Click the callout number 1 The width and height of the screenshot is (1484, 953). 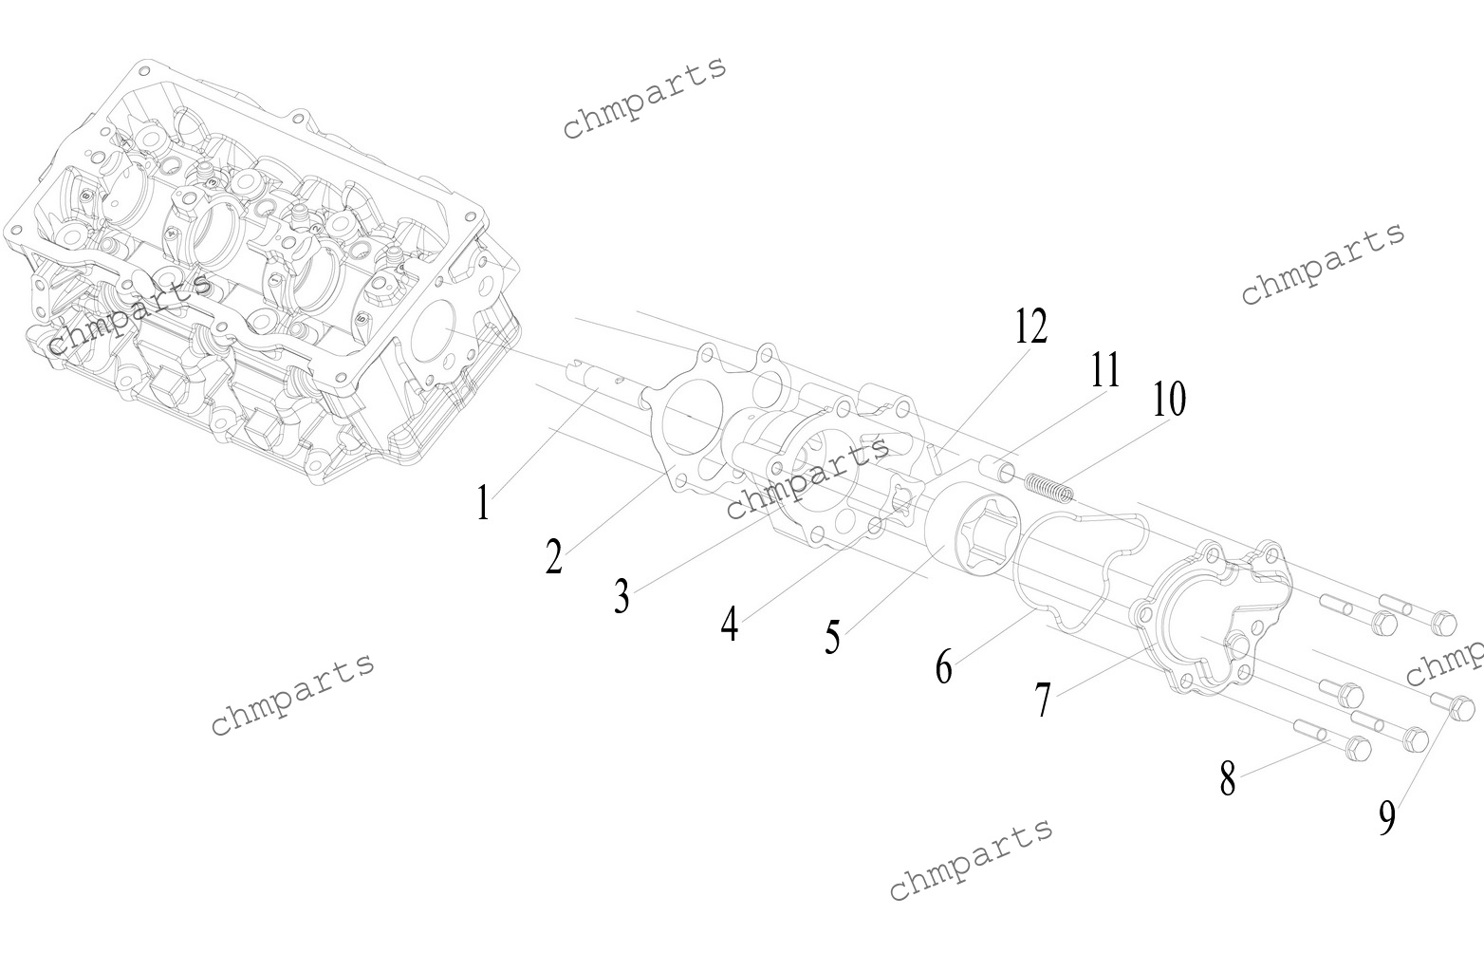tap(484, 504)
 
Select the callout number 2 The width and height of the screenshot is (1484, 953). tap(554, 556)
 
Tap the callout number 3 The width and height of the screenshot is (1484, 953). tap(621, 596)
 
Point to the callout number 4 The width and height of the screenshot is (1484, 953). tap(729, 625)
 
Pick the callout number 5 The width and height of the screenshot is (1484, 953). tap(832, 637)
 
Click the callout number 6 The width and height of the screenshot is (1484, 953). tap(943, 667)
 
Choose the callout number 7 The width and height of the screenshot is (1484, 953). tap(1043, 701)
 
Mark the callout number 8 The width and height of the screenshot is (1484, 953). tap(1228, 779)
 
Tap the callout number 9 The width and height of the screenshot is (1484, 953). tap(1387, 818)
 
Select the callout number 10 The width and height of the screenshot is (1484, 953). tap(1169, 400)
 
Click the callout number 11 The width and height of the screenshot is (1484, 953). tap(1104, 370)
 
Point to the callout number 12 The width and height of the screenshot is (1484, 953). tap(1030, 327)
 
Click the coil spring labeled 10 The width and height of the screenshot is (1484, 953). tap(1051, 486)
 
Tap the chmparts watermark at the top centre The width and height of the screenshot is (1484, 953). tap(645, 96)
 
